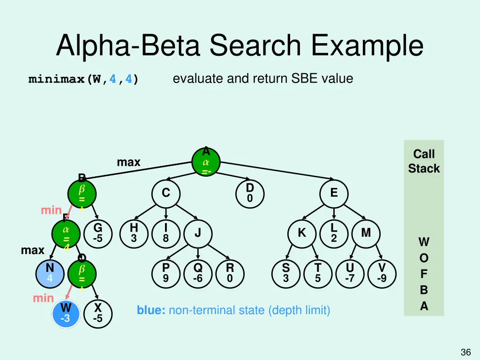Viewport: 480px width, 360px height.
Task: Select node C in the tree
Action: tap(166, 193)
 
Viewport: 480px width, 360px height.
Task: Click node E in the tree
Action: tap(333, 193)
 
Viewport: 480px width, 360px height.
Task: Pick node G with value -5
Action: tap(97, 233)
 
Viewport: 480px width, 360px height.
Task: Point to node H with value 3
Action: tap(134, 233)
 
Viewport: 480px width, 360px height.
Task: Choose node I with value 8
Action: tap(166, 233)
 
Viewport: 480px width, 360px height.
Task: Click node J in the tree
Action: tap(198, 233)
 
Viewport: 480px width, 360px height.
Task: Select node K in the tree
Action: tap(302, 233)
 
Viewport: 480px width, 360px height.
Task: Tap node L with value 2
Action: tap(333, 233)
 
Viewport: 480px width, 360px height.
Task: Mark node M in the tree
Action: tap(366, 233)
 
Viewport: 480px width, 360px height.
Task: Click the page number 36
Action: tap(465, 352)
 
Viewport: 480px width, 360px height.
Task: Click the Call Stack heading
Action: tap(424, 161)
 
